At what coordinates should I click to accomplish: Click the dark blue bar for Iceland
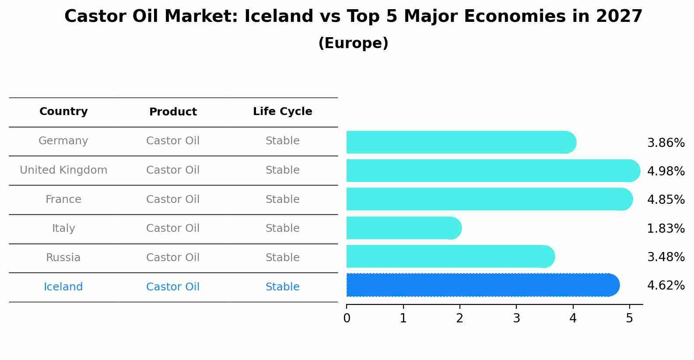click(x=483, y=285)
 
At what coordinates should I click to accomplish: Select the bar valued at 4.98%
click(x=493, y=171)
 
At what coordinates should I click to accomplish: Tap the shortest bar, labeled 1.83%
click(x=404, y=228)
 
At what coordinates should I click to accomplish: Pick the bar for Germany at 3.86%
click(x=461, y=142)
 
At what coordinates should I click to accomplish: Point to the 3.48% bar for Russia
click(x=450, y=256)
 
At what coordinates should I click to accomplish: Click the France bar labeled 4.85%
click(x=490, y=199)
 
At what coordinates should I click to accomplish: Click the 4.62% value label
click(x=666, y=285)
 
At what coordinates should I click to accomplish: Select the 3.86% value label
click(x=666, y=143)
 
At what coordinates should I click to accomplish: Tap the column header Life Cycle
click(x=283, y=112)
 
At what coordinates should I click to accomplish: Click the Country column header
click(x=63, y=111)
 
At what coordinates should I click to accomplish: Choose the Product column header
click(x=173, y=112)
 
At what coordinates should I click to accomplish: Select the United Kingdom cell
click(x=63, y=170)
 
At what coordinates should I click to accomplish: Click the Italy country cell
click(x=63, y=228)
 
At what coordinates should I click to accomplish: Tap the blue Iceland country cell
click(x=63, y=287)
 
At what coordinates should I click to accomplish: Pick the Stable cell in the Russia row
click(x=283, y=258)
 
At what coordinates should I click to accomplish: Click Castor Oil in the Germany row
click(x=173, y=141)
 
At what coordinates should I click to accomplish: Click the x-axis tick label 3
click(x=516, y=318)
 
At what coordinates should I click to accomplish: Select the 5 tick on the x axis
click(x=630, y=318)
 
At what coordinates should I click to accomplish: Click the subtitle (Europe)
click(x=353, y=43)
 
